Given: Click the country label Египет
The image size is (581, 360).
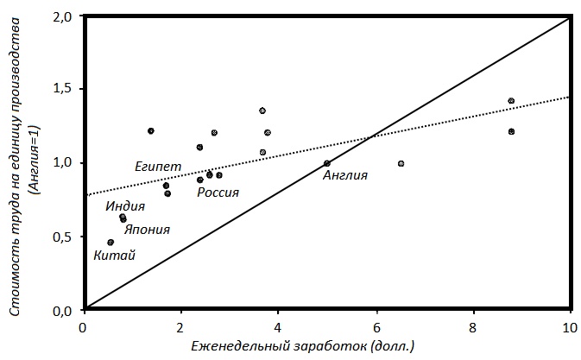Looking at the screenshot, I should [x=158, y=165].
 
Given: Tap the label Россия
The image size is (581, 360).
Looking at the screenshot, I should [x=218, y=192].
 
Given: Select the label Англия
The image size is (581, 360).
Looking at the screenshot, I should [x=345, y=175].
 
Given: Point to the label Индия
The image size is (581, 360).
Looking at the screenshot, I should [x=125, y=206].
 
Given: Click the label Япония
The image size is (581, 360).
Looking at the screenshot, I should [x=147, y=230].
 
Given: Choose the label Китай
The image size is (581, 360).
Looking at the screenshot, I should [x=114, y=255].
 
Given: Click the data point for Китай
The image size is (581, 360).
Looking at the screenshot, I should [x=111, y=243].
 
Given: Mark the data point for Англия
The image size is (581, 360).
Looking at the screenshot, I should [x=327, y=163].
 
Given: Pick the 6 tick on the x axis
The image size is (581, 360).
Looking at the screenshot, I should [x=376, y=327].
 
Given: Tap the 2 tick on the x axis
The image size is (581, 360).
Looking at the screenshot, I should [x=180, y=327].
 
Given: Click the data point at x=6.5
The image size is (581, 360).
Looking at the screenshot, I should [x=401, y=163].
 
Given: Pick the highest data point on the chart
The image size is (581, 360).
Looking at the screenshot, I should [x=511, y=101].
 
